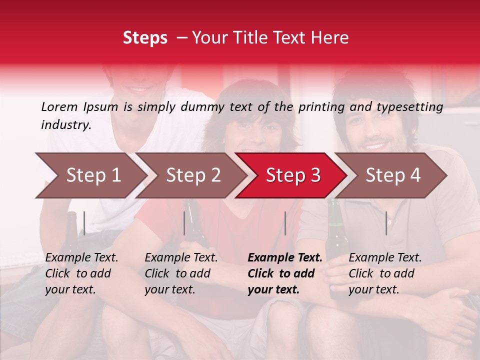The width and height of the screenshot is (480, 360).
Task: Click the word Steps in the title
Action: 145,38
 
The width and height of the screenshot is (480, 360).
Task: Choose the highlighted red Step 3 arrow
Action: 293,175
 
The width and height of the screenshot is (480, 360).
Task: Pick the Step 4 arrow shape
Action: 393,175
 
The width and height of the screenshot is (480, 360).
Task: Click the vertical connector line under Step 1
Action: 84,223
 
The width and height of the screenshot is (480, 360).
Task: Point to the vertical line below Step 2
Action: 184,223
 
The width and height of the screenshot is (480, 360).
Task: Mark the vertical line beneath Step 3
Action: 285,223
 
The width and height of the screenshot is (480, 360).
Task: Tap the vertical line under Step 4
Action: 386,223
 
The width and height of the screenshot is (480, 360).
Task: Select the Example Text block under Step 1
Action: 82,273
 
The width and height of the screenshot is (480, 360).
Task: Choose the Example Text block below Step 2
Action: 181,273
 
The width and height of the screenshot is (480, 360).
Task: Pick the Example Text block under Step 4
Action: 385,273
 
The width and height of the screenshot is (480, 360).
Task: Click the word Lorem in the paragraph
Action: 59,107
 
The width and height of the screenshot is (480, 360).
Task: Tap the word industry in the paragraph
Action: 65,125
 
